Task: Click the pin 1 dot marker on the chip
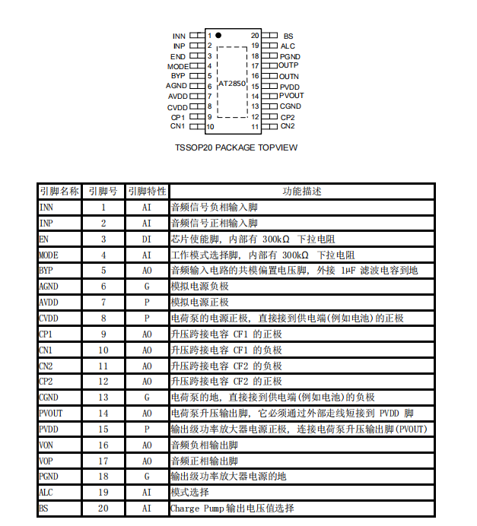click(218, 35)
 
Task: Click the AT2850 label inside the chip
click(232, 84)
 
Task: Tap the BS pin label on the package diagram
click(288, 36)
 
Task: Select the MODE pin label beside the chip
click(177, 66)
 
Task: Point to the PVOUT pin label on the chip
click(291, 96)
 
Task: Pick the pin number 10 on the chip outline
click(210, 126)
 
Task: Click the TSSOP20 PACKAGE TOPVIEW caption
click(236, 147)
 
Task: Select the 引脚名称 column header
click(59, 191)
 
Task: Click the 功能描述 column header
click(302, 191)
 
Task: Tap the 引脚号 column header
click(103, 191)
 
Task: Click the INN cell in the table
click(46, 207)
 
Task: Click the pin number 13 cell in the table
click(103, 397)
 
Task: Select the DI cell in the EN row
click(147, 239)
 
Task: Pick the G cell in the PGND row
click(147, 477)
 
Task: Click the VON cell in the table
click(46, 445)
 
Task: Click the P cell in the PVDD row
click(147, 429)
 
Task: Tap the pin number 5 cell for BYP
click(103, 271)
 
